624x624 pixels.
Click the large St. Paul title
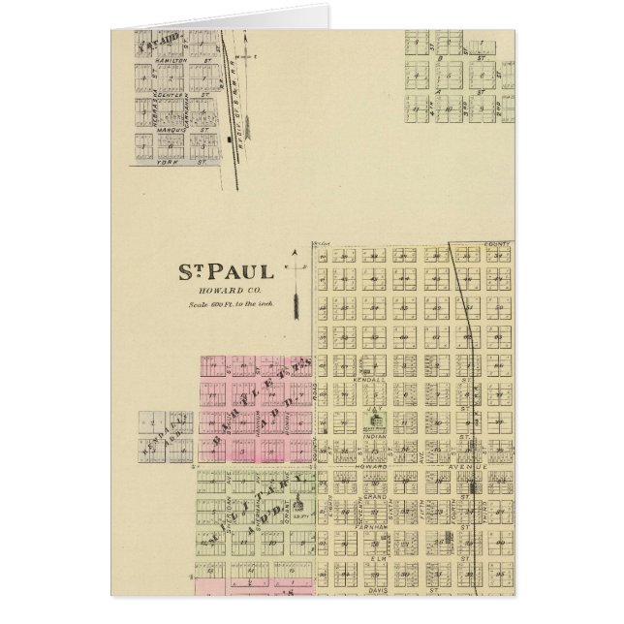pos(223,271)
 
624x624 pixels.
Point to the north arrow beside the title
pos(295,281)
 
